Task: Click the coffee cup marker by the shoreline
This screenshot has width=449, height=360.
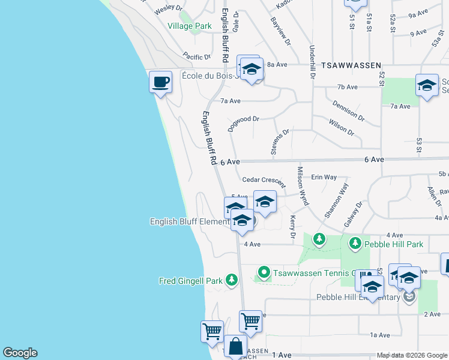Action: click(160, 82)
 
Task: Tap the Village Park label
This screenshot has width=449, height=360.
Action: click(190, 26)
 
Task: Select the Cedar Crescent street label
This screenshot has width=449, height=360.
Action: click(264, 179)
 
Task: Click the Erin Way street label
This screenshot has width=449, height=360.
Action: click(324, 177)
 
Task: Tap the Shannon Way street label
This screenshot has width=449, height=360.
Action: click(337, 201)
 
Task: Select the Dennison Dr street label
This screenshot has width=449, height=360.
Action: click(348, 110)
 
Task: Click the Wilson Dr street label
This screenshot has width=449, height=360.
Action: click(342, 127)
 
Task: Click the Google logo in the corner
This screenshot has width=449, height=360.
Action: click(20, 353)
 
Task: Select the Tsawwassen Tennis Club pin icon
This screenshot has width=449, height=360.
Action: click(263, 273)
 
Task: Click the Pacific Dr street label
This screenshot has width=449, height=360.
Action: click(197, 57)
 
